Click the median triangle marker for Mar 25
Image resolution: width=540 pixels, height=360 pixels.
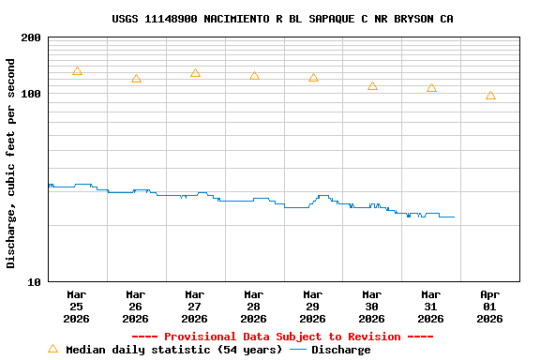[x=77, y=71]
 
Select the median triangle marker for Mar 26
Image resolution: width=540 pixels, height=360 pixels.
[x=136, y=79]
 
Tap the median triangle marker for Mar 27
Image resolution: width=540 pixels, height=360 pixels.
[x=195, y=73]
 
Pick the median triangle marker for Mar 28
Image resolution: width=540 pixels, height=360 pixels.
[x=254, y=76]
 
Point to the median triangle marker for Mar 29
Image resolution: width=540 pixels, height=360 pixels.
[x=313, y=78]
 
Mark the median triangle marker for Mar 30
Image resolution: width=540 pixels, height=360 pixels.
[x=372, y=86]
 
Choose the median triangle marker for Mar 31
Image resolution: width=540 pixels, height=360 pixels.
[x=431, y=88]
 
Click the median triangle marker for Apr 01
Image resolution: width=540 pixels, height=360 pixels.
[x=490, y=96]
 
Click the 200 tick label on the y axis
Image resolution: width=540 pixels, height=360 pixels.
[x=31, y=38]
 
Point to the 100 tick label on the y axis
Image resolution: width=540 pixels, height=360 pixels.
[x=31, y=95]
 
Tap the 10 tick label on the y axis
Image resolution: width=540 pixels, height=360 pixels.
[x=34, y=282]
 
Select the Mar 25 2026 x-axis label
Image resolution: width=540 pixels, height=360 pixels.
[x=77, y=307]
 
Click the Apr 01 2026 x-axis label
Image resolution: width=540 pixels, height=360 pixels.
[x=489, y=307]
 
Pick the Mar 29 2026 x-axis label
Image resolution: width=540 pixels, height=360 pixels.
[x=313, y=307]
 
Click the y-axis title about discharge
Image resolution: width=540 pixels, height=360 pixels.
[x=11, y=163]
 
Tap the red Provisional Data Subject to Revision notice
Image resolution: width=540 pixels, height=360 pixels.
[x=282, y=337]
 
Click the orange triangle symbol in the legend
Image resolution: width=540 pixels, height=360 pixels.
[x=52, y=349]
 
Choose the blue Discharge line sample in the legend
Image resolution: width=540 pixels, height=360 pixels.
[x=298, y=350]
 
